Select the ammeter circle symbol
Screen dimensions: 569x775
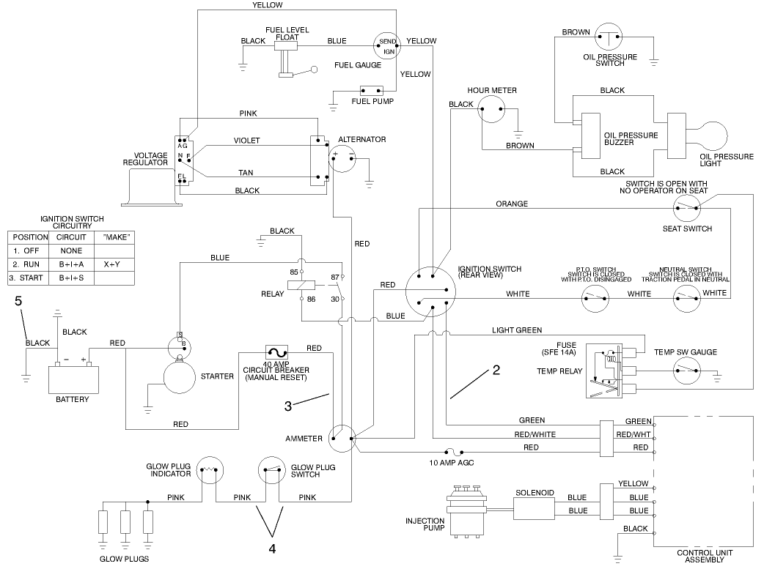(342, 438)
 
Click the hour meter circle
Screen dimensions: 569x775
(493, 110)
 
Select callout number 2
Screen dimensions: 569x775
(496, 370)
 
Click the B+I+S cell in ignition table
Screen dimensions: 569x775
(71, 278)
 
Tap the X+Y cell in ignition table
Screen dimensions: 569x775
(111, 264)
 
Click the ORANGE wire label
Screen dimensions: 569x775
(511, 204)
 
